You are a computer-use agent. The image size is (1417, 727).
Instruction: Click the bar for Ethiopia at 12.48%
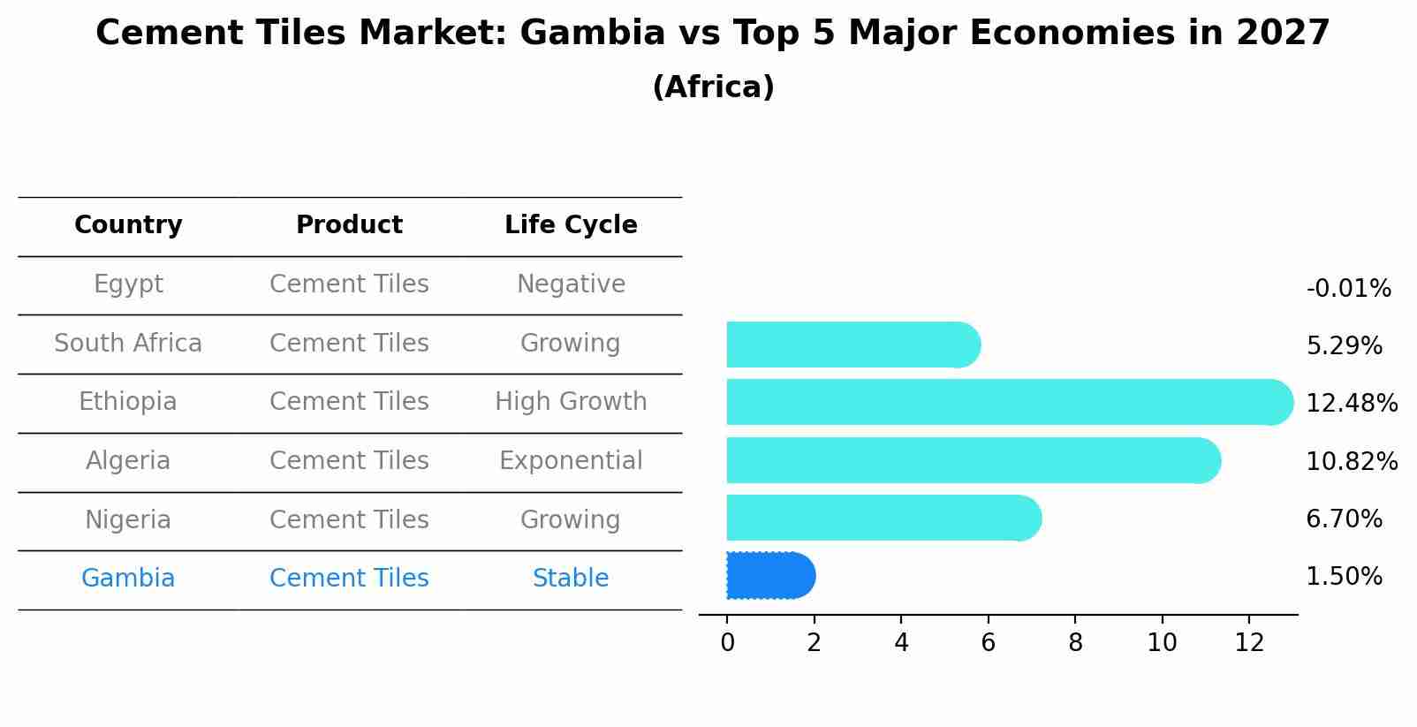1007,402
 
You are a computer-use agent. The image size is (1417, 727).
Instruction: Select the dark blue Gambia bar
769,576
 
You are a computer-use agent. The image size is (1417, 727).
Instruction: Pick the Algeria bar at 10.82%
972,460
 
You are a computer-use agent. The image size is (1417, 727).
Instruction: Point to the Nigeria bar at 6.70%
883,518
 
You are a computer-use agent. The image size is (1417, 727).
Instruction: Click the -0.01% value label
1348,289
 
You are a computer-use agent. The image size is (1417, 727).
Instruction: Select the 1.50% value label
1344,577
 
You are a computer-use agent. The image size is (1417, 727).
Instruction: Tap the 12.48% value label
1352,404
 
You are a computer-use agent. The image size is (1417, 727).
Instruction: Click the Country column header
128,225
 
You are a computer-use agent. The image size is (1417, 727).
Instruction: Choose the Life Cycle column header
571,225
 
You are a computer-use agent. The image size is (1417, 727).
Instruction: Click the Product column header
349,225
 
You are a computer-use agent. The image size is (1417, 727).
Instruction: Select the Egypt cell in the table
128,284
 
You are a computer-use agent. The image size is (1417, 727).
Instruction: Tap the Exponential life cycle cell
571,461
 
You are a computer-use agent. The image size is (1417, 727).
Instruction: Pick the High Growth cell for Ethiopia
571,402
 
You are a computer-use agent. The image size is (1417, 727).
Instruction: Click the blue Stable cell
571,579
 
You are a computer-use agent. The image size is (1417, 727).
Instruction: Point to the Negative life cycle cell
571,284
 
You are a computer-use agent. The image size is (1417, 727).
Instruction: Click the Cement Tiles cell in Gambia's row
349,579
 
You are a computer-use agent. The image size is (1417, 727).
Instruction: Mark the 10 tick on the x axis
1162,643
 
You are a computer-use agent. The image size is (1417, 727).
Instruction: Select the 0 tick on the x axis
727,643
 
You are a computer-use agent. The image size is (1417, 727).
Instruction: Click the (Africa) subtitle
713,87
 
